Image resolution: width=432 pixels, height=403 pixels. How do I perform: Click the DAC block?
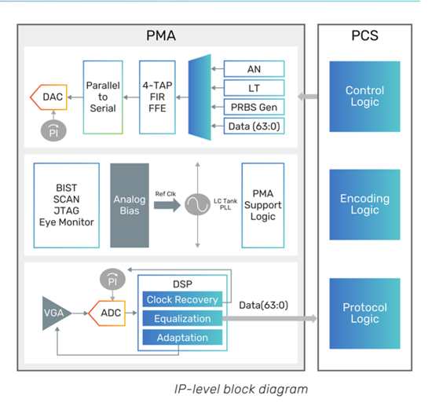(x=49, y=97)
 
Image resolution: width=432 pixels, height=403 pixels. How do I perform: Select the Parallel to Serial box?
(x=103, y=97)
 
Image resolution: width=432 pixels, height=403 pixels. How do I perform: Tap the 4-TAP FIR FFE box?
(x=157, y=97)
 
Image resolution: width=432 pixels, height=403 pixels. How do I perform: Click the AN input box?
(x=254, y=69)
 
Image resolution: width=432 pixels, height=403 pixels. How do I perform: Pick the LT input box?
(x=254, y=88)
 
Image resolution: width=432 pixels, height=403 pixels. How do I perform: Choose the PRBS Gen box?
(x=254, y=107)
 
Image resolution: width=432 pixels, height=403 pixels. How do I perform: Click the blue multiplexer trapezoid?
(x=200, y=97)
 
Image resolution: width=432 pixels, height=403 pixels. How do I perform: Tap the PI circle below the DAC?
(x=53, y=131)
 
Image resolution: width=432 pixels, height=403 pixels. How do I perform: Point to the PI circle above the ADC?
(x=112, y=280)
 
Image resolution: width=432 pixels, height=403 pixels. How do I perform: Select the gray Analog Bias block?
(x=130, y=205)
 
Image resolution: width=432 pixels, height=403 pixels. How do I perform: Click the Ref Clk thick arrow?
(x=167, y=205)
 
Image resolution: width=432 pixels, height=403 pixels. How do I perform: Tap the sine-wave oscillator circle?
(x=197, y=204)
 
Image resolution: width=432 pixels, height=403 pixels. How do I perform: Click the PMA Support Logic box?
(x=263, y=205)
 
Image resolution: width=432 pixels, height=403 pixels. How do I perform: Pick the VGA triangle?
(x=55, y=313)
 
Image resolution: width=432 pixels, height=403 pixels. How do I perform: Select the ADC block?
(x=107, y=313)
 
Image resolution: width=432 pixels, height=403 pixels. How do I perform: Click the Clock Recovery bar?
(x=182, y=299)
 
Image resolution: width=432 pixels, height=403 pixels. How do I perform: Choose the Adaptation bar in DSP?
(x=182, y=338)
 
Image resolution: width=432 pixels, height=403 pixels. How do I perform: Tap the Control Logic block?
(x=364, y=97)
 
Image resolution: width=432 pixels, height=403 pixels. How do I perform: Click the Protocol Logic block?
(x=364, y=313)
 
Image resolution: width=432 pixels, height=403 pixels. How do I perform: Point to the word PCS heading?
(x=364, y=35)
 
